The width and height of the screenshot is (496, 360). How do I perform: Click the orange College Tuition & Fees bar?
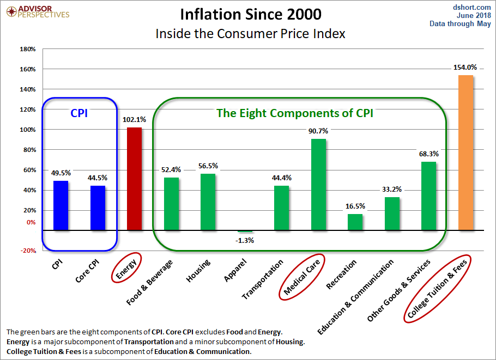click(x=465, y=152)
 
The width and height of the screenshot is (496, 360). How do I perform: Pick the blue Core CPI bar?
click(x=98, y=208)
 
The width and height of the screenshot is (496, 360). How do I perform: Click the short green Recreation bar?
click(x=355, y=222)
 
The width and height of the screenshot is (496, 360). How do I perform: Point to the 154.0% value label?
click(x=465, y=68)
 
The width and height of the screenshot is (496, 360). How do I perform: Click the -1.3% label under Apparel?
click(x=245, y=240)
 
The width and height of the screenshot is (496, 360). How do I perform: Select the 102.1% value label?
click(x=134, y=120)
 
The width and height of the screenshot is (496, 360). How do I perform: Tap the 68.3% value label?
click(x=428, y=154)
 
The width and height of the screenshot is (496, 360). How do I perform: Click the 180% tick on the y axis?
click(x=27, y=49)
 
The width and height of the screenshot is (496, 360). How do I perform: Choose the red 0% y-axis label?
click(x=29, y=222)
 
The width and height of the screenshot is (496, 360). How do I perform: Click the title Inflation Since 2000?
click(x=250, y=14)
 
